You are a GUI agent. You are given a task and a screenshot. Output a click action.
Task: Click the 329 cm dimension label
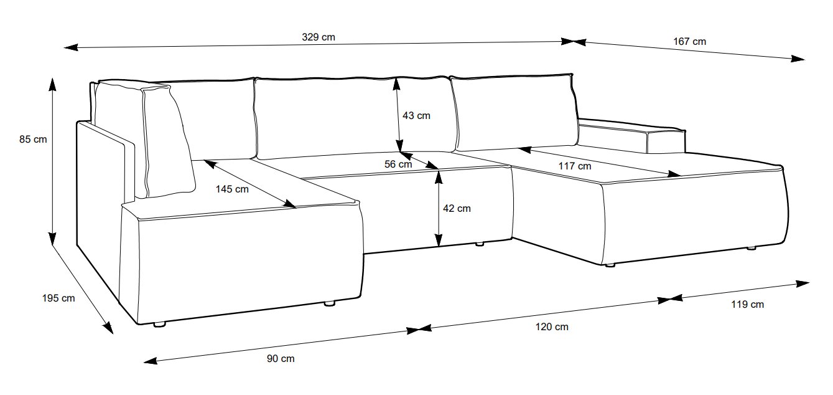tap(319, 37)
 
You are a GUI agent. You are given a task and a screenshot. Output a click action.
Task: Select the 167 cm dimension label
tap(690, 42)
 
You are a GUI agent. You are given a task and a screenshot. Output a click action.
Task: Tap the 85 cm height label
tap(33, 140)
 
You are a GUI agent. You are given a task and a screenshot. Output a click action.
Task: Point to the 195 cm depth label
tap(59, 298)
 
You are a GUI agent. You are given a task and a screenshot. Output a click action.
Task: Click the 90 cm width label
tap(280, 358)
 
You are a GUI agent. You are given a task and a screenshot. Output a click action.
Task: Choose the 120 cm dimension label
tap(552, 326)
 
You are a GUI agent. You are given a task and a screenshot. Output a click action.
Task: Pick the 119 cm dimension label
tap(748, 305)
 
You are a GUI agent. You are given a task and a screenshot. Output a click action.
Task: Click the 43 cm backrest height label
tap(416, 115)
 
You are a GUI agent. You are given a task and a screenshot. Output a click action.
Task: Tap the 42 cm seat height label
tap(457, 209)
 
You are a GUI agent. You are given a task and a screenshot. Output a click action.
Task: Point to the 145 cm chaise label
tap(233, 189)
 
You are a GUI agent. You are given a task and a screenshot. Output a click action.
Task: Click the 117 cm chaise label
tap(575, 166)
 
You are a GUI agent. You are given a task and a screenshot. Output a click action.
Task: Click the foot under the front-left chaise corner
tap(160, 324)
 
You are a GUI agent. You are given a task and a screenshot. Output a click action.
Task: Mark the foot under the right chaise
tap(610, 266)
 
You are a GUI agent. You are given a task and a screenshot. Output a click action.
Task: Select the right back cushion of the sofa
tap(513, 112)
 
